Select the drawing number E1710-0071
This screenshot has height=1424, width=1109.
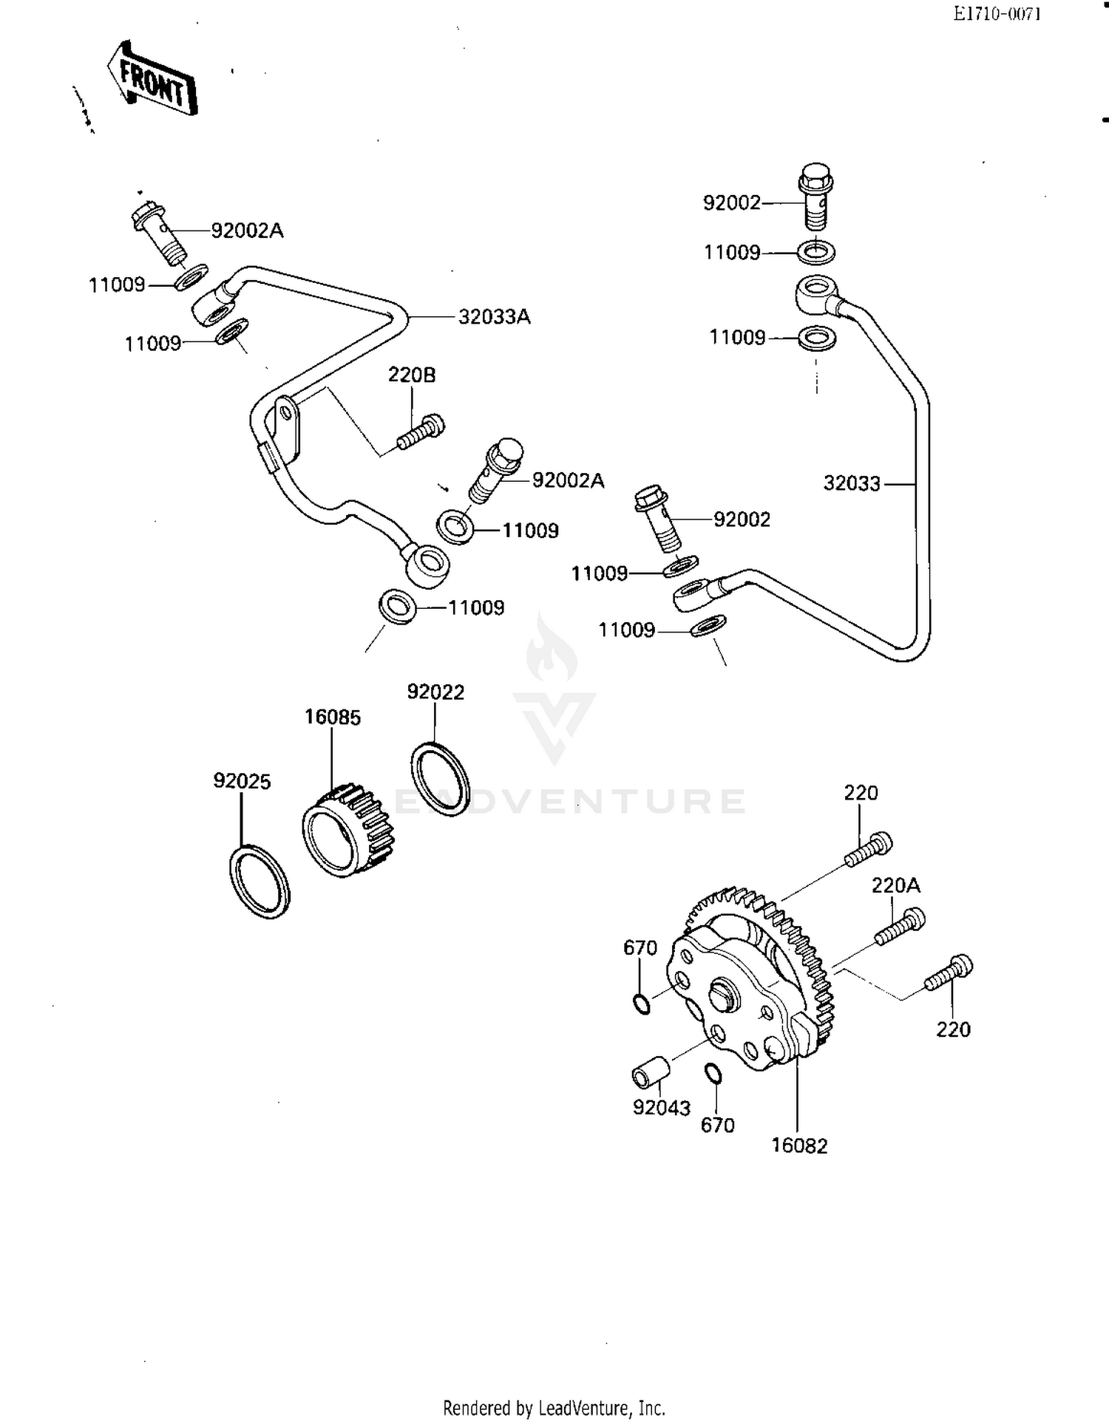tap(996, 14)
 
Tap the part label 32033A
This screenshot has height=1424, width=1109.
tap(494, 317)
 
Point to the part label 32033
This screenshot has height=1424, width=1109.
tap(852, 483)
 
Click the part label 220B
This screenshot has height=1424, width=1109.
tap(412, 375)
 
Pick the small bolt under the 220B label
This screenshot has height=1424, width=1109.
tap(421, 432)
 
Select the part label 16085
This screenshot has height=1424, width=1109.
tap(333, 717)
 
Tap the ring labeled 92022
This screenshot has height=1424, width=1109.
tap(440, 779)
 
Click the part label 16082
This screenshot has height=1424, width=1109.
tap(799, 1145)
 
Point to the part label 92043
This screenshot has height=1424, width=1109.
tap(661, 1108)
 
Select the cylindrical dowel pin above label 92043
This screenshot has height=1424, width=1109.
tap(650, 1073)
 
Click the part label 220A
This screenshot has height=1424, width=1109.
tap(895, 885)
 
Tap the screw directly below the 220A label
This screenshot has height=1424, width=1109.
tap(900, 927)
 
